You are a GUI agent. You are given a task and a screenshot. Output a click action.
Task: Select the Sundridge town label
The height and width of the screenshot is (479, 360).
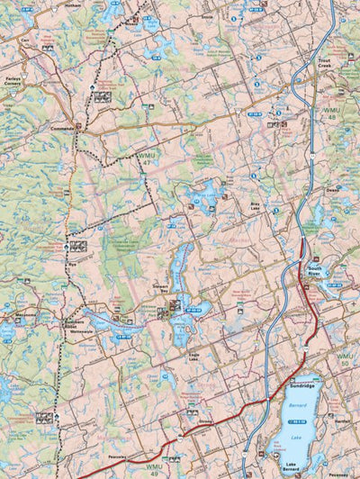tap(302, 384)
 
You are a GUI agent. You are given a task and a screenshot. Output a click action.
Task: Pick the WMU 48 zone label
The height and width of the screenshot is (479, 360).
tap(331, 113)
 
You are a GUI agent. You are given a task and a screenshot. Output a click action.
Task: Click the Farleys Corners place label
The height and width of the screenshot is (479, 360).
tap(13, 81)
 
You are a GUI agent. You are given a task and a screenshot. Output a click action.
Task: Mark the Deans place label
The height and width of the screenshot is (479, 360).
tap(332, 190)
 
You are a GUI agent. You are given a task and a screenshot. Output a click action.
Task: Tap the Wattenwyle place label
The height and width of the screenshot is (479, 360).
tap(80, 330)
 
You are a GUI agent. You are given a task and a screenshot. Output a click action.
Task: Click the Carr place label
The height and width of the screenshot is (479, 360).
tap(24, 41)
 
